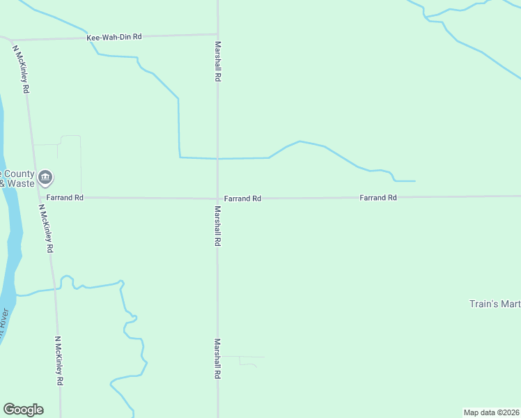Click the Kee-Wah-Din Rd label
tap(114, 36)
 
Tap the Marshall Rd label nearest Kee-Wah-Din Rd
tap(217, 62)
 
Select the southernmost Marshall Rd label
tap(217, 359)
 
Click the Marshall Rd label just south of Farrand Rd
tap(217, 226)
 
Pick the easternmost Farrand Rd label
tap(378, 198)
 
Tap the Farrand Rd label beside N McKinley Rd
tap(65, 198)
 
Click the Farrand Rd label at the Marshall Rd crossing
tap(242, 199)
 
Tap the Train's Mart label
tap(495, 304)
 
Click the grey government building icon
tap(45, 178)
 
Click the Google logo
tap(23, 410)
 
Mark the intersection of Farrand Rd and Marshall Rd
tap(217, 198)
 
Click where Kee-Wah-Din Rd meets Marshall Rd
tap(217, 33)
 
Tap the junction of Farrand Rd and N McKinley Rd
tap(37, 198)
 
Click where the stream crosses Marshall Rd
tap(217, 159)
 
